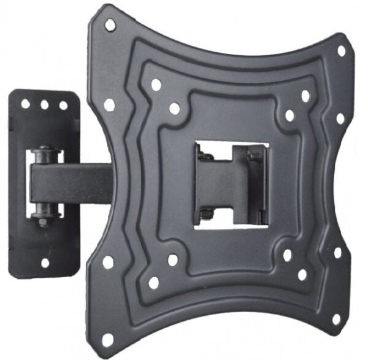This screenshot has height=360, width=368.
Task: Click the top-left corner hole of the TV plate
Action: pyautogui.click(x=110, y=25)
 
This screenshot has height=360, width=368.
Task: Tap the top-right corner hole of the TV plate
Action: pyautogui.click(x=342, y=50)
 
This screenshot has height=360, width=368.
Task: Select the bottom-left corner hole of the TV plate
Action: pyautogui.click(x=108, y=337)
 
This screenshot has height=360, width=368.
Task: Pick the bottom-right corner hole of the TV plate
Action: pyautogui.click(x=336, y=320)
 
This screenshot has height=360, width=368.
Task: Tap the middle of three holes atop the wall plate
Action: pyautogui.click(x=45, y=105)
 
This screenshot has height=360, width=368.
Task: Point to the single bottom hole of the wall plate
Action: pyautogui.click(x=45, y=262)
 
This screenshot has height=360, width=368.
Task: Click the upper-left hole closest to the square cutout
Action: pyautogui.click(x=175, y=109)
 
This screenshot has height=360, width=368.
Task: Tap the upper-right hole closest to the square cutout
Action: pyautogui.click(x=289, y=115)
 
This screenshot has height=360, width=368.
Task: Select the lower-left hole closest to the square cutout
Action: pyautogui.click(x=173, y=260)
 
